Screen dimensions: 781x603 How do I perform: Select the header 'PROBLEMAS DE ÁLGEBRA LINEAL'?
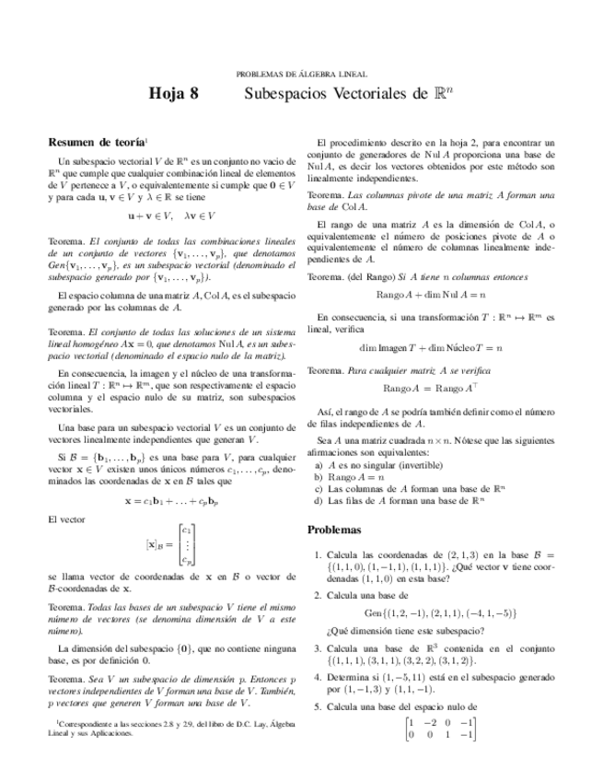pos(301,73)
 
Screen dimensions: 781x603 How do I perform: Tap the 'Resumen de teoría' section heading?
pos(96,143)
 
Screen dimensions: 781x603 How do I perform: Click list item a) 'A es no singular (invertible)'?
pos(385,466)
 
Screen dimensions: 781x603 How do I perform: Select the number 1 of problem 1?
pos(317,554)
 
